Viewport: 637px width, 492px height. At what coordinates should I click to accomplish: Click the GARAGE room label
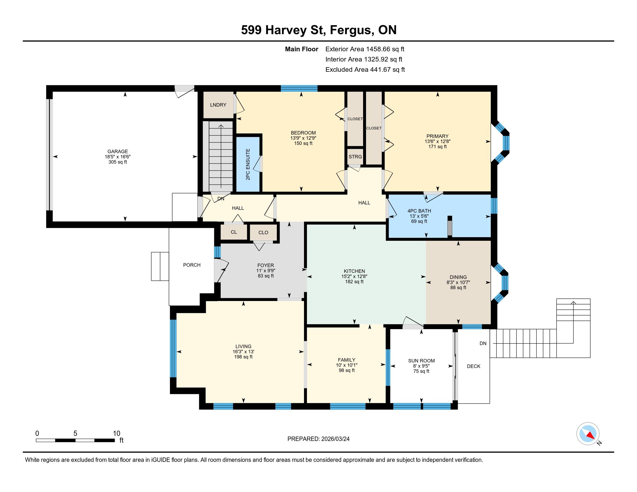pos(118,151)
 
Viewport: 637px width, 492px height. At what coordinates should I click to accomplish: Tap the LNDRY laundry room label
pos(218,105)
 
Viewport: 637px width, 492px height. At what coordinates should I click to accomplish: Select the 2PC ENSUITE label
pos(248,164)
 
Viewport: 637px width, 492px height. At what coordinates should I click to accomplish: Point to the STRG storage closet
pos(355,157)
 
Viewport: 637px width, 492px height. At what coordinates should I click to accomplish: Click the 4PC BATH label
pos(419,211)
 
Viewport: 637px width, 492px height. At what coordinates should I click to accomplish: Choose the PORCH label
pos(192,265)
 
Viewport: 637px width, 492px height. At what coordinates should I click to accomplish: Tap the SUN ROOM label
pos(422,361)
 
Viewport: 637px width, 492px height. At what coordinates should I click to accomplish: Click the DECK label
pos(473,366)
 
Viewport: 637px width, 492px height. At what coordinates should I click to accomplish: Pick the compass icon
pos(588,434)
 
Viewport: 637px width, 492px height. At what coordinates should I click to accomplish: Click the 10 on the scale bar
pos(117,434)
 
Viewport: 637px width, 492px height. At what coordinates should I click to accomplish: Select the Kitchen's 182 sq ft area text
pos(354,282)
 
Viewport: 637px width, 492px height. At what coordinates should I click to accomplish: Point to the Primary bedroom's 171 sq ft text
pos(438,147)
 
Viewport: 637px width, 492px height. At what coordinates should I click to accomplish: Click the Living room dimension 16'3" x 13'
pos(243,352)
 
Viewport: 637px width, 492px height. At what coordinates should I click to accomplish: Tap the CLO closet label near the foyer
pos(263,233)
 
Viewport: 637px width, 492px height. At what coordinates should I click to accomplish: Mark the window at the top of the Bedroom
pos(299,88)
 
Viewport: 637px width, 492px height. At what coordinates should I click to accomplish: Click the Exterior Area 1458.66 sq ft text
pos(365,49)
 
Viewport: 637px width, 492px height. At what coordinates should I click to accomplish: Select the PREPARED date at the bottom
pos(318,439)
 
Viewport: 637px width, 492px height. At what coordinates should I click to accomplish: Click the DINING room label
pos(458,277)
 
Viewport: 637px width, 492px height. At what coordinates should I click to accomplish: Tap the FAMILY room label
pos(347,360)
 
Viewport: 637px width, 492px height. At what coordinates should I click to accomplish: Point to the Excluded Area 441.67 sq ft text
pos(365,70)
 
